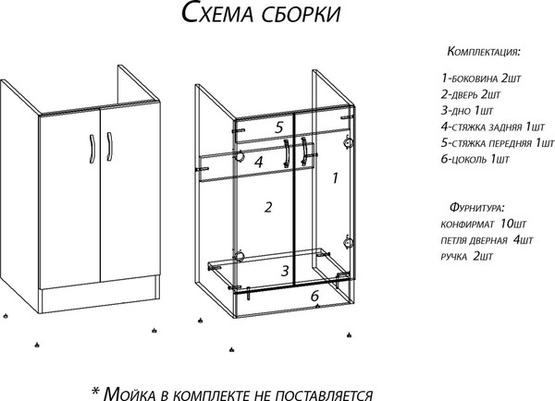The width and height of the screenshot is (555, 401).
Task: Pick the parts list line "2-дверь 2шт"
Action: (471, 94)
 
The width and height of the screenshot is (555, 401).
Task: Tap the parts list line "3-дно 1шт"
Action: (467, 111)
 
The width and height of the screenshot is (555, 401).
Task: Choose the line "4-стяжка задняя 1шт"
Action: (492, 127)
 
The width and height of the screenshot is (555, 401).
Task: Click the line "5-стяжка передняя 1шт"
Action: (497, 143)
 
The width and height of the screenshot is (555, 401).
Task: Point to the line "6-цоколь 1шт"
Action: (475, 160)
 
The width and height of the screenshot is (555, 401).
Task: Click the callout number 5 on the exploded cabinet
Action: (277, 127)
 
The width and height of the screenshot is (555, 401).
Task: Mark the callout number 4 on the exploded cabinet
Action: (261, 162)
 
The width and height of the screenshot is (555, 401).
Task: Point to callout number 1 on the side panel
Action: (335, 175)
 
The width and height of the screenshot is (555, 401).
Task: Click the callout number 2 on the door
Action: (267, 207)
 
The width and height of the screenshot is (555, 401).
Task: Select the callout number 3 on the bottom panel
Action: (286, 270)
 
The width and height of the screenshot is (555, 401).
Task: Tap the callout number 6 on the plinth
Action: (314, 296)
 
